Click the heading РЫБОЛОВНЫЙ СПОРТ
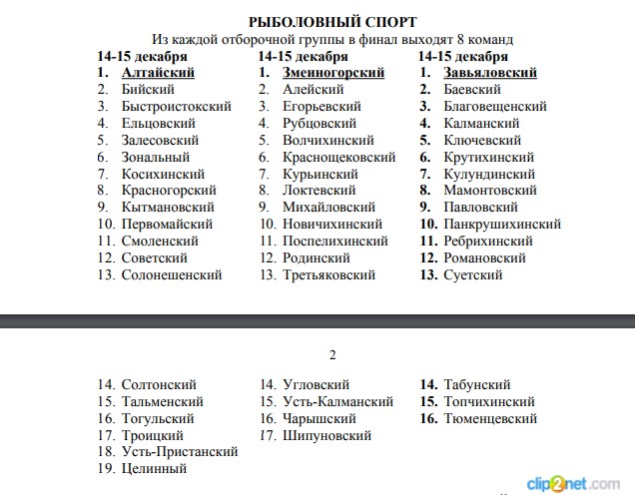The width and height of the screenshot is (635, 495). (x=332, y=22)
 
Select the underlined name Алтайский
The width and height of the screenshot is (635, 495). (x=157, y=73)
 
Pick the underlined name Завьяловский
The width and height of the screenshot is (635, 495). (x=490, y=73)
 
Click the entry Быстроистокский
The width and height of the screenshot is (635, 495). (x=176, y=107)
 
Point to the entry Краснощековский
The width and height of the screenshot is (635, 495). (x=339, y=157)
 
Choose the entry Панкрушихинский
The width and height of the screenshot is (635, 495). (x=502, y=225)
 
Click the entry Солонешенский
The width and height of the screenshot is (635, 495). (x=171, y=274)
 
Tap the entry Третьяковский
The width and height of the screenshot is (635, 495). (x=329, y=274)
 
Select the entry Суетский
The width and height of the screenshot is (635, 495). (x=472, y=274)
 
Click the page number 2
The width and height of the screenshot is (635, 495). (x=333, y=354)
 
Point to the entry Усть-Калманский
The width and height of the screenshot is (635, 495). (x=337, y=401)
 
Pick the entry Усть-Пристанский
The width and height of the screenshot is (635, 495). (x=180, y=452)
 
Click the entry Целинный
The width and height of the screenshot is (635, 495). (x=154, y=469)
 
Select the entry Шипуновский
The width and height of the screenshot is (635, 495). (x=326, y=435)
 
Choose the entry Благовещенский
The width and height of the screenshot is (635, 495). (x=494, y=107)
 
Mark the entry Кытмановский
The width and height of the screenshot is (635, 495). (x=167, y=208)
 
